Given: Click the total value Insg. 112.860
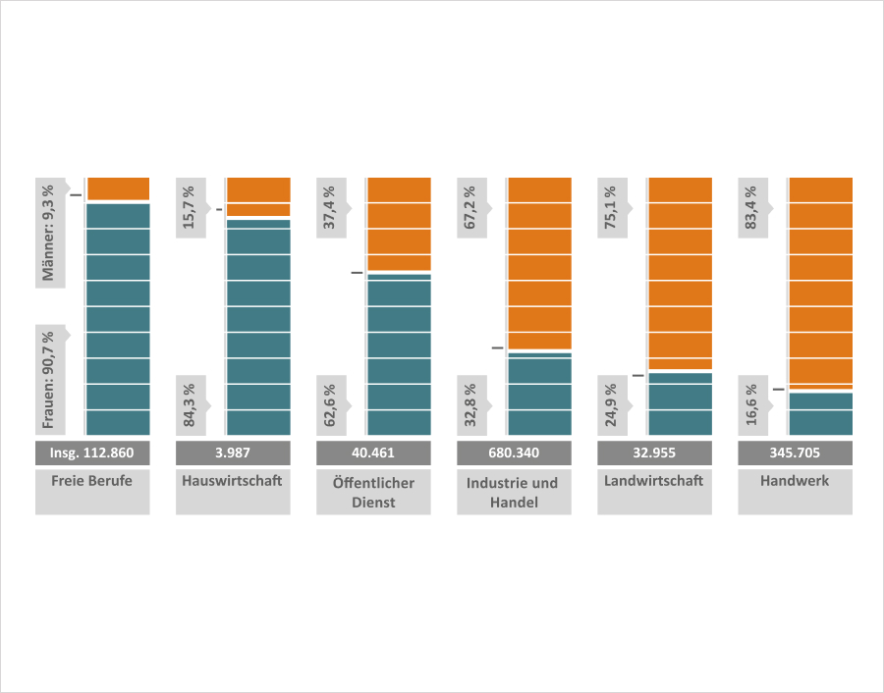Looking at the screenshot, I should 92,453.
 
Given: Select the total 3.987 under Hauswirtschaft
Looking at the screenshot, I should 234,453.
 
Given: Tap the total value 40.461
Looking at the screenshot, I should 374,453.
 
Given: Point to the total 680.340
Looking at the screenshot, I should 515,453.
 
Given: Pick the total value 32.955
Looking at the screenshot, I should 655,453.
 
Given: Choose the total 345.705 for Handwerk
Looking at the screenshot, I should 796,453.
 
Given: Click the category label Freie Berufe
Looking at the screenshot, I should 92,482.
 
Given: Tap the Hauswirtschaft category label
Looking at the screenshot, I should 234,482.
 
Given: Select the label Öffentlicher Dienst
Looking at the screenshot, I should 374,492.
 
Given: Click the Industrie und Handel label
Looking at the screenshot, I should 515,492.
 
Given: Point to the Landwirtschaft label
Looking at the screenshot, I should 655,482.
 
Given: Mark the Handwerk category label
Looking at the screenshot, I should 796,482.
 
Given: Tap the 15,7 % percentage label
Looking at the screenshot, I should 189,207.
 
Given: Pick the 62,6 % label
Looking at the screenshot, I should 330,403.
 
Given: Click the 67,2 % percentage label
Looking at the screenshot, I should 470,207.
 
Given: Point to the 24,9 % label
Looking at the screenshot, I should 611,403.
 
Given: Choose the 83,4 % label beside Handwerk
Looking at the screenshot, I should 751,207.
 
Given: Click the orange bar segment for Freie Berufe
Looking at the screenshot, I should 118,188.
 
